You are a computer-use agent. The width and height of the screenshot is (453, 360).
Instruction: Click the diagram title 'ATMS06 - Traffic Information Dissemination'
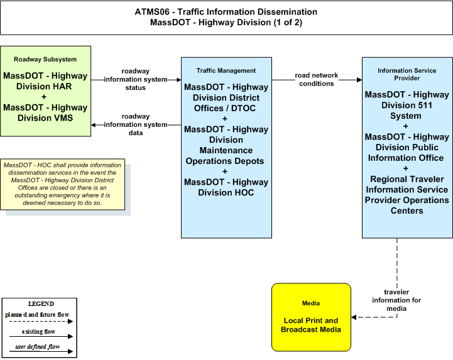pyautogui.click(x=226, y=12)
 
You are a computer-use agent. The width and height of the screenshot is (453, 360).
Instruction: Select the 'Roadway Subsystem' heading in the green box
pyautogui.click(x=45, y=59)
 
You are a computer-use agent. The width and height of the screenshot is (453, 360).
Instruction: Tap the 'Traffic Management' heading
pyautogui.click(x=226, y=70)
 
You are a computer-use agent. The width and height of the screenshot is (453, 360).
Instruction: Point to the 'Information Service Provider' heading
pyautogui.click(x=407, y=74)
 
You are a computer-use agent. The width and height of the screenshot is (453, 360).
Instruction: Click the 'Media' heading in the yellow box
pyautogui.click(x=311, y=303)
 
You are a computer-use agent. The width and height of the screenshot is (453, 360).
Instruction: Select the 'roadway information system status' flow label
pyautogui.click(x=136, y=79)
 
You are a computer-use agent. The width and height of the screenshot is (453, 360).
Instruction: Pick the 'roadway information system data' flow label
pyautogui.click(x=136, y=124)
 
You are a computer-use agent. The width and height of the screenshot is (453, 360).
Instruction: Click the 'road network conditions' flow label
pyautogui.click(x=317, y=79)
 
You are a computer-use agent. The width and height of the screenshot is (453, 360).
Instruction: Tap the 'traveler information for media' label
pyautogui.click(x=396, y=300)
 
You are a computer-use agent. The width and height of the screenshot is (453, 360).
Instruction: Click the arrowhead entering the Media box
pyautogui.click(x=354, y=317)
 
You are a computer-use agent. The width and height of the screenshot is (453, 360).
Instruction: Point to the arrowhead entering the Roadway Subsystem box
pyautogui.click(x=94, y=125)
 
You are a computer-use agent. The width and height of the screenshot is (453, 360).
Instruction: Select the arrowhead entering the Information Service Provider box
pyautogui.click(x=359, y=80)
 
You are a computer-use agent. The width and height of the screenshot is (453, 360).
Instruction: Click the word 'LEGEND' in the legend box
pyautogui.click(x=41, y=303)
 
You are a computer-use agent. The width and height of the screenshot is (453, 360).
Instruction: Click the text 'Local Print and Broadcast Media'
pyautogui.click(x=311, y=325)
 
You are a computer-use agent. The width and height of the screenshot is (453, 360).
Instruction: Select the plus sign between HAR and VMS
pyautogui.click(x=44, y=97)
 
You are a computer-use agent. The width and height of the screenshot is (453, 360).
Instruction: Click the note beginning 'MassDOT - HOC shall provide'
pyautogui.click(x=62, y=184)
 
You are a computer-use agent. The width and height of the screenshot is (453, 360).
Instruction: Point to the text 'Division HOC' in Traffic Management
pyautogui.click(x=226, y=192)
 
